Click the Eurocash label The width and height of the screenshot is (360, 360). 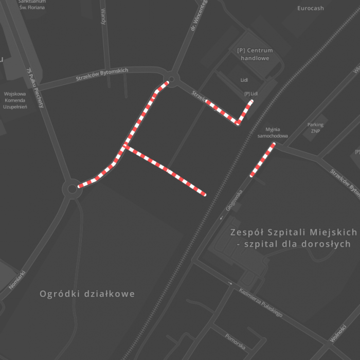click(311, 8)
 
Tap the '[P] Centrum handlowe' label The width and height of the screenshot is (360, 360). click(255, 54)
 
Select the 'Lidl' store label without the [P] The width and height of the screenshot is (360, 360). click(244, 80)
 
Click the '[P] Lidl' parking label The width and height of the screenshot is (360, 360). click(251, 93)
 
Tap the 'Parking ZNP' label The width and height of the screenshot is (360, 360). click(315, 128)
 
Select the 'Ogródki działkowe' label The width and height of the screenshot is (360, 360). click(87, 294)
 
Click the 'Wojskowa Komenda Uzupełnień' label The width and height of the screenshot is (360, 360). click(15, 100)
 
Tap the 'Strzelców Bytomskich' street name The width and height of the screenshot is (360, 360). click(102, 75)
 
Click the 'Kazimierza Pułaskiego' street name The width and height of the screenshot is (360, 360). click(261, 303)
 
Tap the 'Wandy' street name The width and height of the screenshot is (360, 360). click(103, 16)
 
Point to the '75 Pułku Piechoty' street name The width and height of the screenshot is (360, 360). click(35, 88)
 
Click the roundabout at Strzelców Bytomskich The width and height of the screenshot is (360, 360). click(171, 79)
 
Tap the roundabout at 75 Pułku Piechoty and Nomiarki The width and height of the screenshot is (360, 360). click(71, 189)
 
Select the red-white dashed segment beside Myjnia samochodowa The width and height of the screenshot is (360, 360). click(262, 160)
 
